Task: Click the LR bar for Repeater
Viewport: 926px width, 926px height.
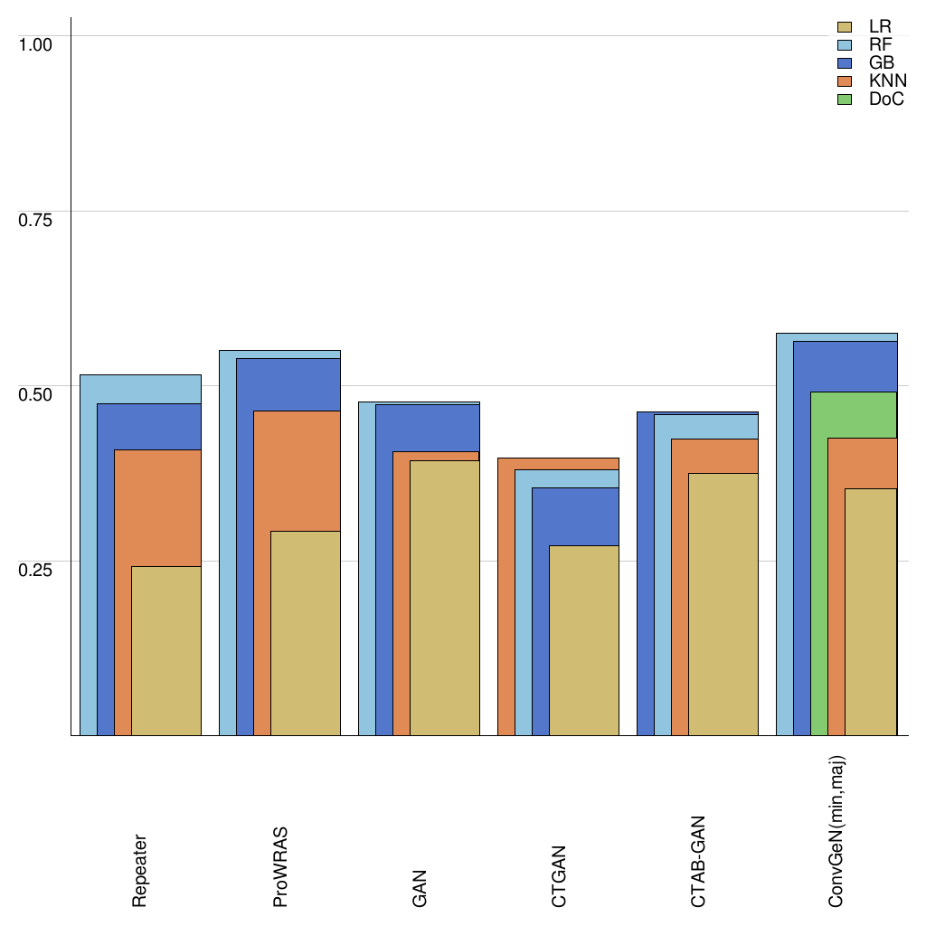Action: tap(166, 650)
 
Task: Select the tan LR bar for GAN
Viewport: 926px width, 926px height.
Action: tap(445, 598)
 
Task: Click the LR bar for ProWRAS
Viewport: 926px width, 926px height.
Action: tap(306, 633)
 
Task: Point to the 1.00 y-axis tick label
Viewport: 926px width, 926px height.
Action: tap(36, 43)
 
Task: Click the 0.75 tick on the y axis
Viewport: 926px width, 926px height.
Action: tap(36, 219)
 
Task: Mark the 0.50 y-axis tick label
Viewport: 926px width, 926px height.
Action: tap(36, 394)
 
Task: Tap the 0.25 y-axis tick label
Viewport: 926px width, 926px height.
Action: tap(36, 569)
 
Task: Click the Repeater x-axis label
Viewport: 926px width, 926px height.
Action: tap(139, 870)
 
